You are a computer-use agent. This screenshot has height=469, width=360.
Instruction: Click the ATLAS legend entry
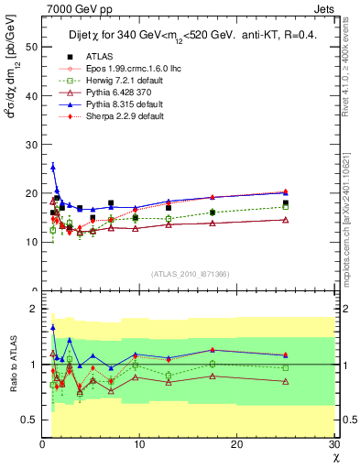coord(82,57)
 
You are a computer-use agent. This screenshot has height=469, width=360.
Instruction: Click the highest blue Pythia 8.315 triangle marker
coord(53,167)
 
